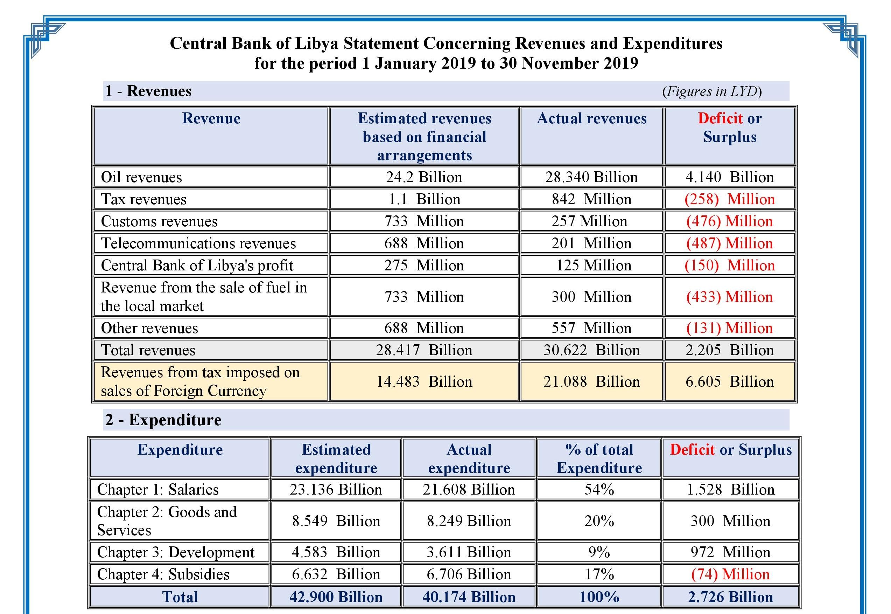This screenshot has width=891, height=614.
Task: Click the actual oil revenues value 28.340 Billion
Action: click(x=591, y=177)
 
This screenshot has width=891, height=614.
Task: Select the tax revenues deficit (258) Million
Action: click(x=730, y=199)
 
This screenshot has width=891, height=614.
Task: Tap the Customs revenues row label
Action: click(x=159, y=221)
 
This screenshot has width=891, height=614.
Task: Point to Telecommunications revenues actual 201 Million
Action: click(x=591, y=243)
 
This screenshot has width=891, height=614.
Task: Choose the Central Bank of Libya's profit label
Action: click(x=197, y=265)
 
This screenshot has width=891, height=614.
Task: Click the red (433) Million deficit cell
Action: click(x=730, y=297)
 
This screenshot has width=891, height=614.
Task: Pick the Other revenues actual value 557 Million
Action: click(x=591, y=328)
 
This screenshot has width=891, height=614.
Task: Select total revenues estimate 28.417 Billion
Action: click(x=424, y=350)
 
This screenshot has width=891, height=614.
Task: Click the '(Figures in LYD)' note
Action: click(x=712, y=91)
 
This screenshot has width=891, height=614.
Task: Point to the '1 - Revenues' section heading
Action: click(x=148, y=91)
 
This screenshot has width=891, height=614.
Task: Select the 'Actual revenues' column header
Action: click(x=591, y=118)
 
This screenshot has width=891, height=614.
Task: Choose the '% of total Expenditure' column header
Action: click(x=599, y=458)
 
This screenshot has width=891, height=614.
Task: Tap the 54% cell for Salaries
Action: click(x=599, y=489)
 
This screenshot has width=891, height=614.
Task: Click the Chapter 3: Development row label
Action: click(x=176, y=552)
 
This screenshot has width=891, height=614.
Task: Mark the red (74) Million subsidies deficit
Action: click(x=730, y=574)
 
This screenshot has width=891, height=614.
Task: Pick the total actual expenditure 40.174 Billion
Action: click(x=469, y=597)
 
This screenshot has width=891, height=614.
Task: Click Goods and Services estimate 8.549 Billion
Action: click(x=336, y=521)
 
